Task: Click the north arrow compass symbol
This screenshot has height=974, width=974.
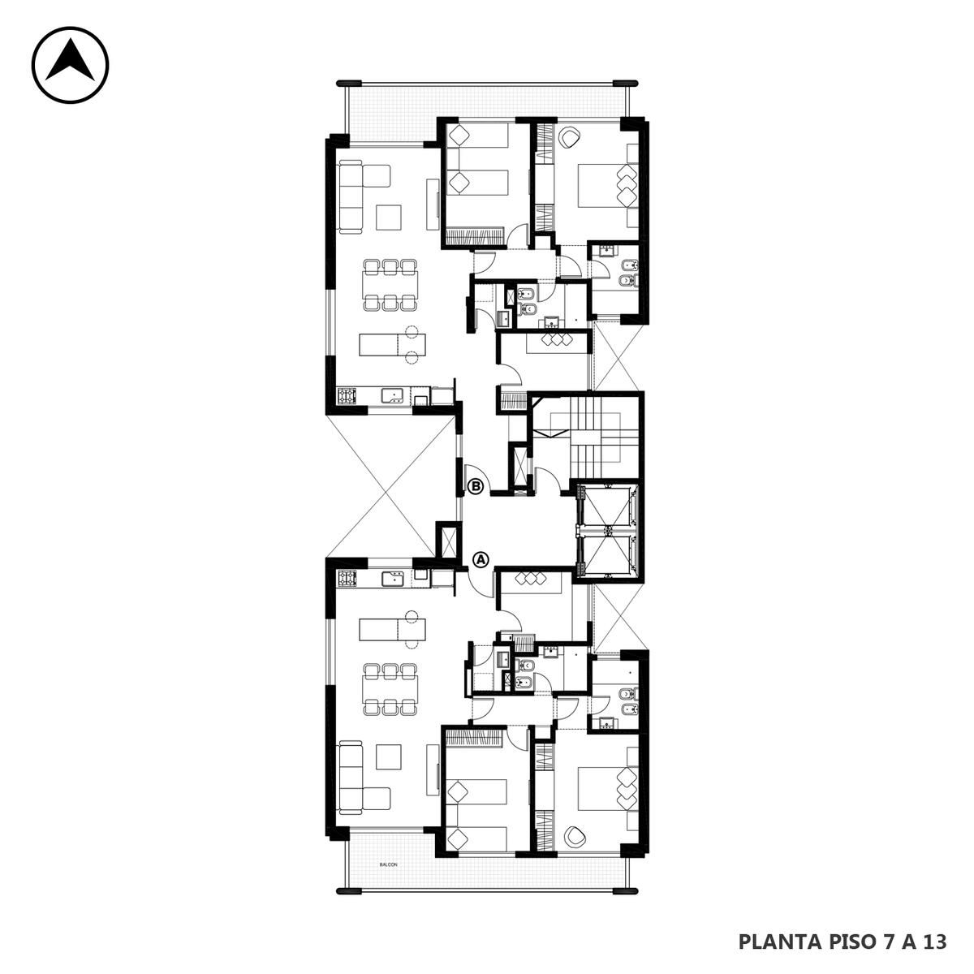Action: [71, 65]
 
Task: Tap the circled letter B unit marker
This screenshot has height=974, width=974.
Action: [476, 486]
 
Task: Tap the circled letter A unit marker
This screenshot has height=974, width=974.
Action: [481, 559]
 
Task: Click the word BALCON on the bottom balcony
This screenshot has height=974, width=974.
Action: [388, 864]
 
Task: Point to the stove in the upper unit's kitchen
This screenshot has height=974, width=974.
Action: [347, 395]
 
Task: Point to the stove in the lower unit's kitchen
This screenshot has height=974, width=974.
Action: [347, 578]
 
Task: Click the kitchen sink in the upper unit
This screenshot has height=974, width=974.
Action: [392, 395]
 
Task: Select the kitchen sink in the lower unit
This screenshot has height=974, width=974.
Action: [392, 578]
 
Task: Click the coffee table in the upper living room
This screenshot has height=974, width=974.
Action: [389, 217]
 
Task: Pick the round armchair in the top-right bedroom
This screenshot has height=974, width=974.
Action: [571, 137]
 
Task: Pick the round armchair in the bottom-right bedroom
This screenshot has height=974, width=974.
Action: [571, 835]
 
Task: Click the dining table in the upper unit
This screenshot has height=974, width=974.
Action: [390, 285]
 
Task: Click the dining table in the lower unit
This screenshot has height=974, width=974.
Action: [390, 688]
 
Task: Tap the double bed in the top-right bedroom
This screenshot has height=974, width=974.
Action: [608, 185]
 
